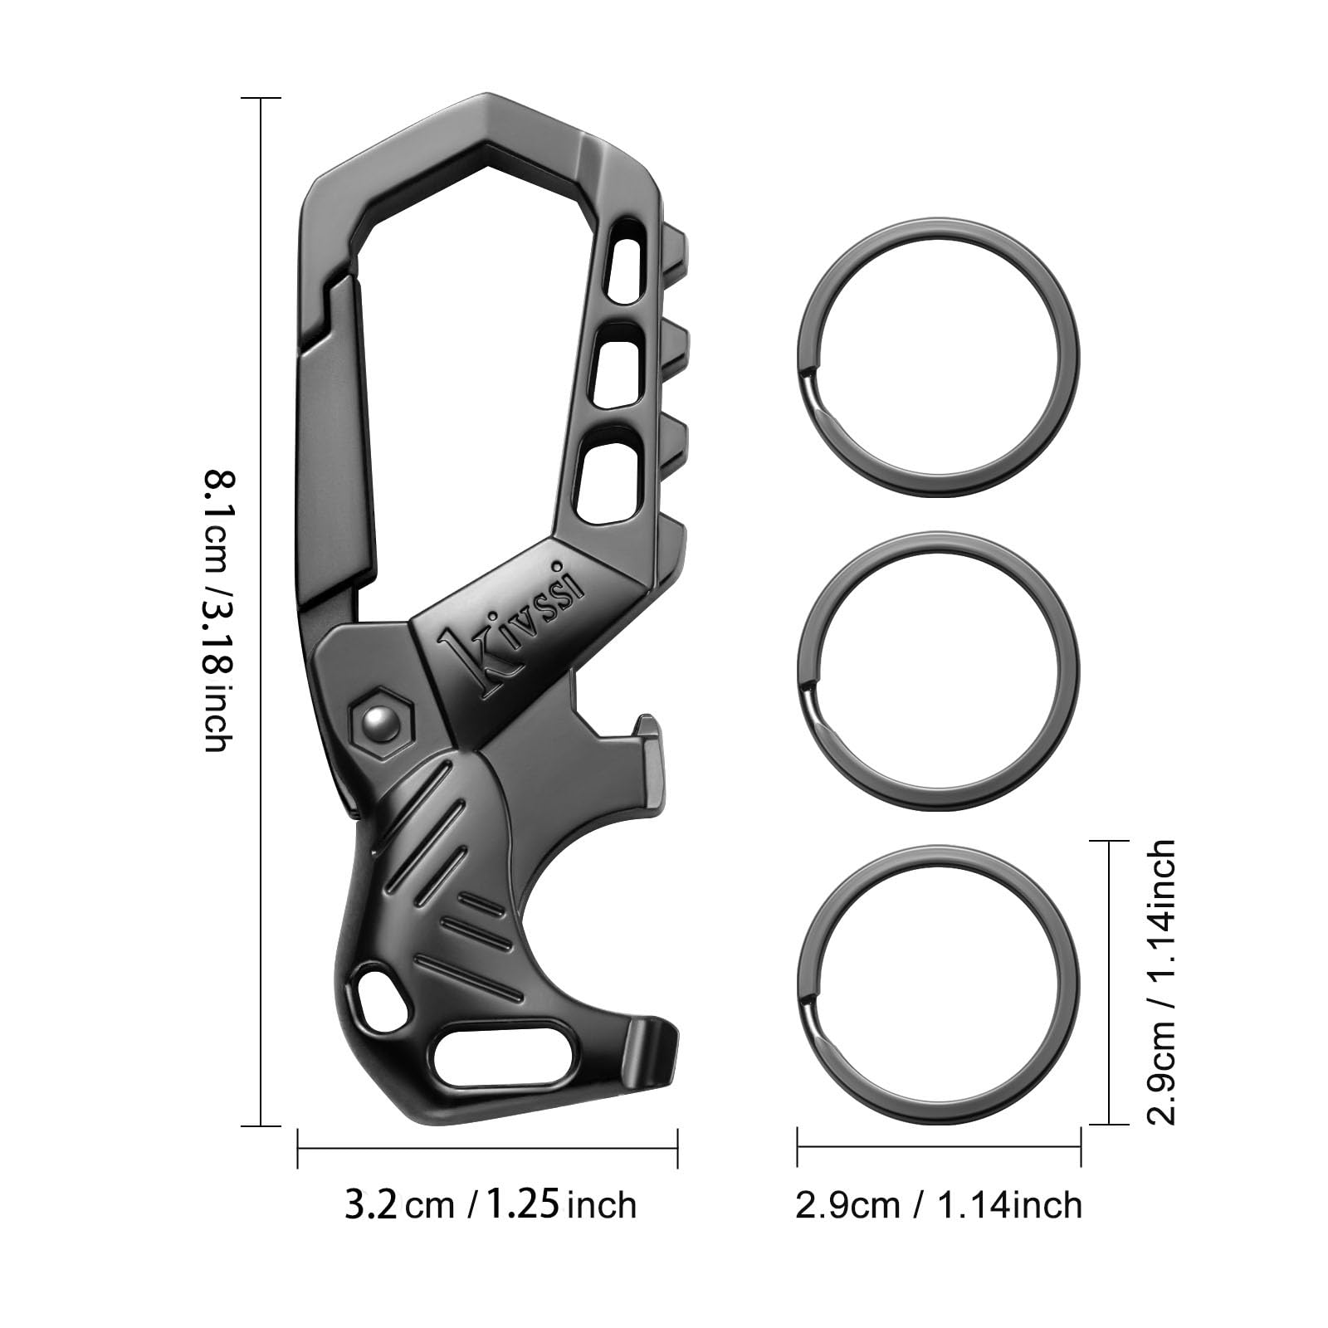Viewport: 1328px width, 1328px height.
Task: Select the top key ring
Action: point(938,361)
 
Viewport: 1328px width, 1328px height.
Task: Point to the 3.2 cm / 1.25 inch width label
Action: point(490,1204)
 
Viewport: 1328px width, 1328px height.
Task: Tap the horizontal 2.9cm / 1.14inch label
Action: point(938,1204)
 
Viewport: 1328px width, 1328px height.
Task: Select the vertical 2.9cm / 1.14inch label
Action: point(1160,982)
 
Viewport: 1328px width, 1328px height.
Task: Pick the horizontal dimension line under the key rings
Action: point(938,1147)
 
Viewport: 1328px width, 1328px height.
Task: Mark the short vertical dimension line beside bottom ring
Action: point(1110,982)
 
